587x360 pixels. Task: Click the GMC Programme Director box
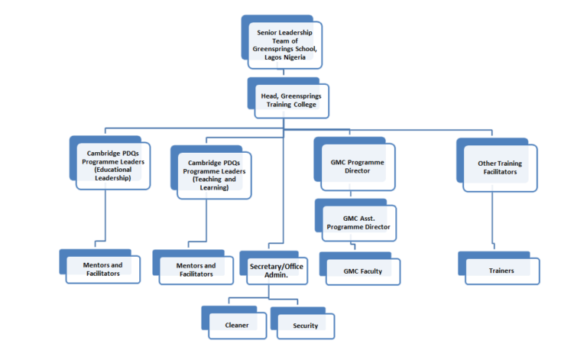pyautogui.click(x=357, y=167)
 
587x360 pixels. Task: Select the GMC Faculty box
pyautogui.click(x=362, y=271)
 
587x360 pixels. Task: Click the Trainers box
pyautogui.click(x=501, y=271)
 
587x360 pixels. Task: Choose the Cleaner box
pyautogui.click(x=237, y=325)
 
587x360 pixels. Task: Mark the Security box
pyautogui.click(x=305, y=325)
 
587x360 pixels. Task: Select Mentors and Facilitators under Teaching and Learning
pyautogui.click(x=196, y=270)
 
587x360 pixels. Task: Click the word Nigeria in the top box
pyautogui.click(x=302, y=57)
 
